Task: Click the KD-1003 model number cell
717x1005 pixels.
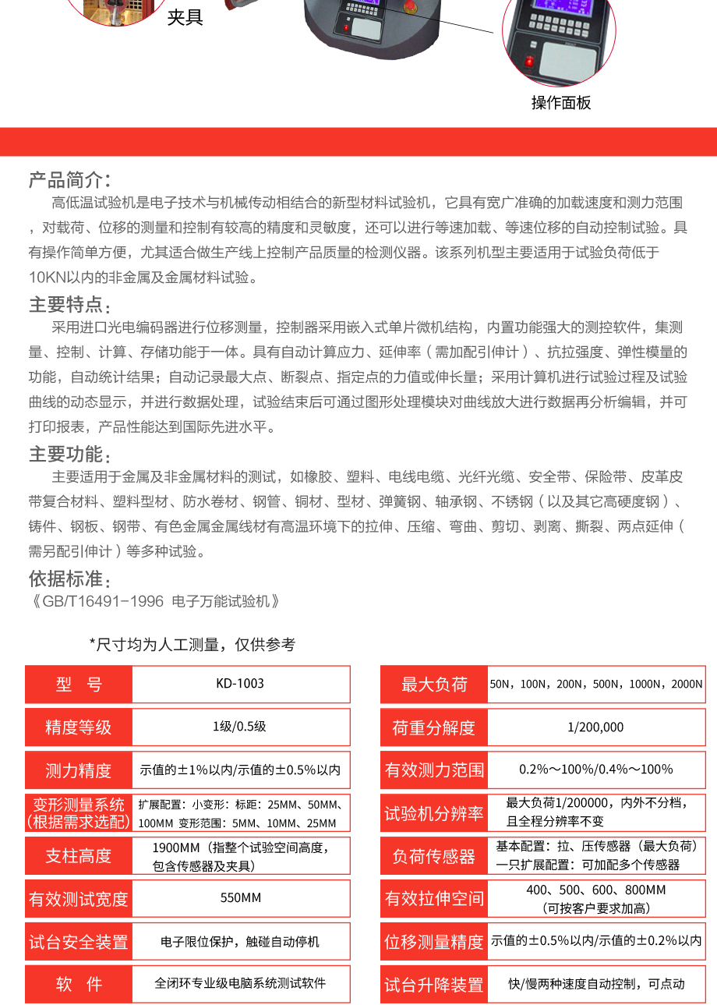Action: coord(240,684)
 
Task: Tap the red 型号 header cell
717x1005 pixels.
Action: coord(79,685)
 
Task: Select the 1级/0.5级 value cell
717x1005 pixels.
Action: coord(240,727)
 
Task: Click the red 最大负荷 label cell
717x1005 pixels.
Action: coord(434,685)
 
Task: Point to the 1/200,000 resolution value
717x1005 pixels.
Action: coord(595,727)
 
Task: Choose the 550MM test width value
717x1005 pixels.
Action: coord(240,898)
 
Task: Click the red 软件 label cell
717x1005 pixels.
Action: coord(79,984)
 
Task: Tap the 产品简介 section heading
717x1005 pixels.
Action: coord(69,180)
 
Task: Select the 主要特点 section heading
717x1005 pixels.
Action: coord(69,304)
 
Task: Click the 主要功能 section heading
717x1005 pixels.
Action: coord(69,454)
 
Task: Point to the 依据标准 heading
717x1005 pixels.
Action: coord(69,579)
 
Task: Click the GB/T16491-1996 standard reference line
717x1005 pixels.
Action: coord(154,601)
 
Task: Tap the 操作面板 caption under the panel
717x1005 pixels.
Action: coord(561,103)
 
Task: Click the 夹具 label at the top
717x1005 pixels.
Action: coord(185,17)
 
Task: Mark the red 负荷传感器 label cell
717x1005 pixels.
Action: coord(434,856)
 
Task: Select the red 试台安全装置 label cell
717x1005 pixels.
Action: coord(79,942)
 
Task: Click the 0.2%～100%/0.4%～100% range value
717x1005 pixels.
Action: coord(595,770)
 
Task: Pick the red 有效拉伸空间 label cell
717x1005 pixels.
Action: coord(434,899)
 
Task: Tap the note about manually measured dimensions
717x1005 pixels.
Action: coord(192,645)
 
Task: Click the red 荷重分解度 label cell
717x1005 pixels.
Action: coord(434,727)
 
